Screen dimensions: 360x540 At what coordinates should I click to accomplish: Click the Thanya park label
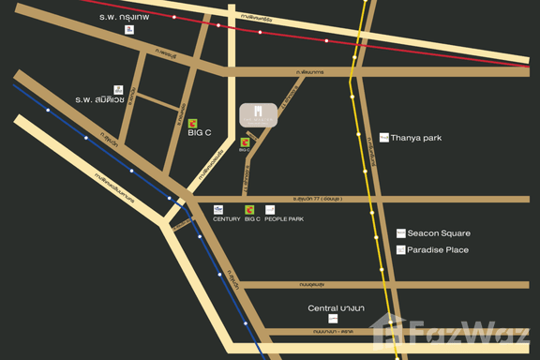[415, 138]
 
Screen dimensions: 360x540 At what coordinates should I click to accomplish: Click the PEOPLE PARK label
[284, 219]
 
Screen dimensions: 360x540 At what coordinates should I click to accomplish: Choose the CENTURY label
[227, 219]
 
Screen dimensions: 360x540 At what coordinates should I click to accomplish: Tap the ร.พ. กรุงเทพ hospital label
[129, 17]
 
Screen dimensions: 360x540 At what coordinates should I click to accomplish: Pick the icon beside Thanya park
[383, 138]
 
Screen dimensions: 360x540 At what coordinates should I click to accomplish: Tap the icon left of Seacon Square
[399, 233]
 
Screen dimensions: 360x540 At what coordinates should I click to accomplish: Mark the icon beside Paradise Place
[399, 250]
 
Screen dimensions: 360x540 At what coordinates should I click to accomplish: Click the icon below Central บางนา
[333, 321]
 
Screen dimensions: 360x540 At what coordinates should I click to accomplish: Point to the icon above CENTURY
[218, 209]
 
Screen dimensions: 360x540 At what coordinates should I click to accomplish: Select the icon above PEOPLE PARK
[270, 209]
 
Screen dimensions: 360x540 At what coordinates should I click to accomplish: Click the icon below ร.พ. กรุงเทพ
[129, 30]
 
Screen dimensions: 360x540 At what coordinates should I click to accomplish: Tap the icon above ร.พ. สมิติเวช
[118, 88]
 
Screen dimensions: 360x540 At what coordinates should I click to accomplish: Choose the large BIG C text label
[200, 133]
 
